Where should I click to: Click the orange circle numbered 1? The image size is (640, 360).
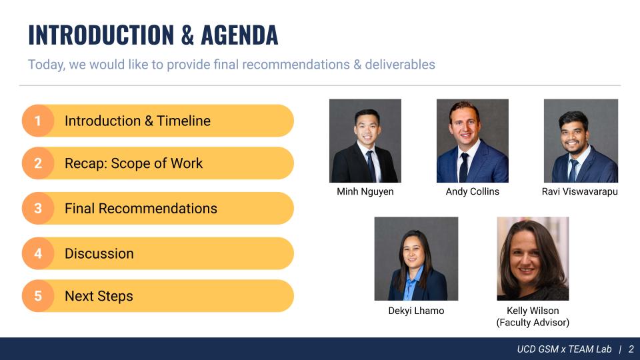(38, 121)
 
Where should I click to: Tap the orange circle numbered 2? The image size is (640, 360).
(38, 163)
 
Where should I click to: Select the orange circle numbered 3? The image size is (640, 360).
(38, 208)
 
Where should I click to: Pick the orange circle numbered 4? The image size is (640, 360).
(38, 253)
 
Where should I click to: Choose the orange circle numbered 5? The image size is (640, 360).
(38, 296)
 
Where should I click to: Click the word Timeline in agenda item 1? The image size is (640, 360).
(184, 121)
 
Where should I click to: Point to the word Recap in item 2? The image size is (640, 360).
(86, 164)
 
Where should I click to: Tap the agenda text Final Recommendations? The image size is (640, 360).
(141, 209)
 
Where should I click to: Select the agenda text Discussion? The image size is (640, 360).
(99, 253)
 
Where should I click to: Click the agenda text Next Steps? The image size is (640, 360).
(99, 296)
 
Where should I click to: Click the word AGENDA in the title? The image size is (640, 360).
(239, 35)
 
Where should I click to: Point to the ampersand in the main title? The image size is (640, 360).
(187, 35)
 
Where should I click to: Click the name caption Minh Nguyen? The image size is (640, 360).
(365, 191)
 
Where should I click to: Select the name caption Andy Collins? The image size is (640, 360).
(472, 191)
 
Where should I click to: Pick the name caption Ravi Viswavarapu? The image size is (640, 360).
(579, 191)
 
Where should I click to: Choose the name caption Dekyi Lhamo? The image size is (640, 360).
(416, 311)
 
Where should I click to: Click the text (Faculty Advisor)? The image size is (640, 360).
(533, 323)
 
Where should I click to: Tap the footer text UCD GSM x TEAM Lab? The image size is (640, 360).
(564, 349)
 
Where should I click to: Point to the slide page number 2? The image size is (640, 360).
(631, 349)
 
